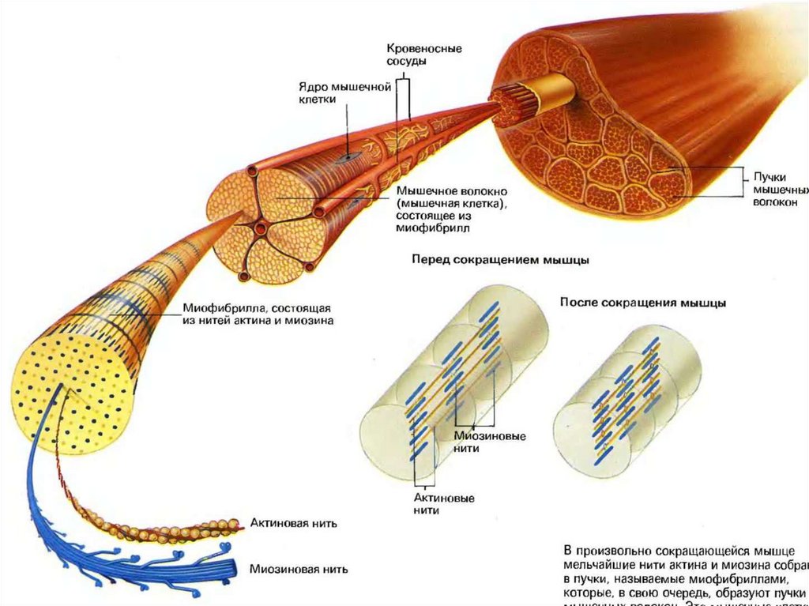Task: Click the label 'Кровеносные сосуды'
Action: pos(424,55)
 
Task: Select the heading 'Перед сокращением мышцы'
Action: pos(502,260)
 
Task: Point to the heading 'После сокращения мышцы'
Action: pos(643,303)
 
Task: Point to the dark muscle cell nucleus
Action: pos(345,158)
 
